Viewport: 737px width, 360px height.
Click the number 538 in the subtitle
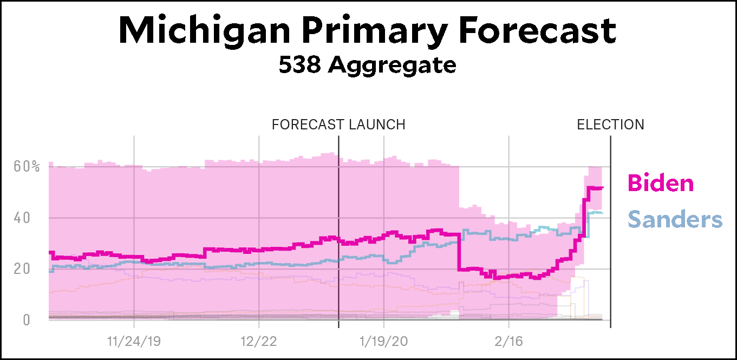point(299,65)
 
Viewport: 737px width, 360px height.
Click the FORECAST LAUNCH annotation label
point(338,125)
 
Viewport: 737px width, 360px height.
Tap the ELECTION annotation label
point(610,125)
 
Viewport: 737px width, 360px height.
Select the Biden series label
point(661,183)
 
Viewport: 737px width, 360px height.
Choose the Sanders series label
point(675,220)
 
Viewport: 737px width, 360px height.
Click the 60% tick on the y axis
point(27,166)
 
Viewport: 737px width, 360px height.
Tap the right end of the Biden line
point(602,188)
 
